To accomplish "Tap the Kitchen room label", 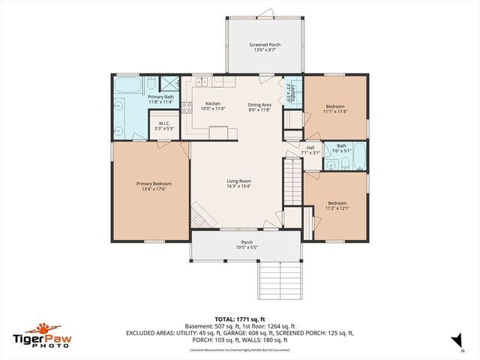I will [212, 103].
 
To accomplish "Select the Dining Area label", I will [260, 103].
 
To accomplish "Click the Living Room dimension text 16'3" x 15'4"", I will [239, 186].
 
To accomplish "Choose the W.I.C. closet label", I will [163, 124].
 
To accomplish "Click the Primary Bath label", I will [160, 97].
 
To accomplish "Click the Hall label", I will [310, 148].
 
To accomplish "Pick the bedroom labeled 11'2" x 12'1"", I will [337, 203].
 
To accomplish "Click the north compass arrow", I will [454, 342].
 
